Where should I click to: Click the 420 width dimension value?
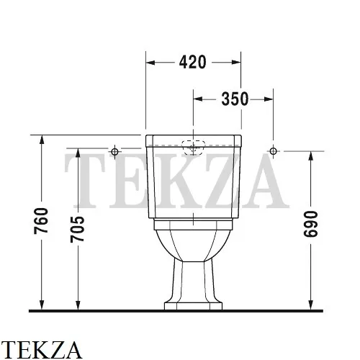coord(192,62)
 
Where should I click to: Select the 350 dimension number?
coord(233,99)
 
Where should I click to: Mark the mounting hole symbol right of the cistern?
coord(272,150)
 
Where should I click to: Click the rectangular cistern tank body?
coord(192,180)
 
